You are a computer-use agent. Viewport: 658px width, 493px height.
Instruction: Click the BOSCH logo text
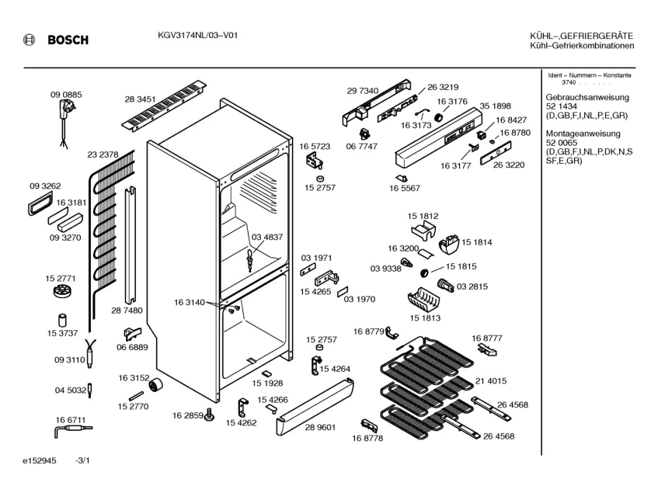coord(68,40)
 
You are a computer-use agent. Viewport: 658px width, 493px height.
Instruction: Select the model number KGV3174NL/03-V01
coord(197,35)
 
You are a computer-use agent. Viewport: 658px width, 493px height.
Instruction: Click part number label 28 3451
coord(140,99)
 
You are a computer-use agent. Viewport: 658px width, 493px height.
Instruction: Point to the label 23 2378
coord(103,154)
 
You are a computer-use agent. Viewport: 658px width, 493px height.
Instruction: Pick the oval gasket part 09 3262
coord(40,203)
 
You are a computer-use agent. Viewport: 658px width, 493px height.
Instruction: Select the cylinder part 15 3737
coord(62,321)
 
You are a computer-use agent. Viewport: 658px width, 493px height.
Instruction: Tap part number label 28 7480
coord(127,311)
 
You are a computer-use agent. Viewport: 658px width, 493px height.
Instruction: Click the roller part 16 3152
coord(155,385)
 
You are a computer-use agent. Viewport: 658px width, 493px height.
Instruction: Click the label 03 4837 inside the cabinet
coord(267,238)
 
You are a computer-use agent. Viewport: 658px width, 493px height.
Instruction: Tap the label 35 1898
coord(495,106)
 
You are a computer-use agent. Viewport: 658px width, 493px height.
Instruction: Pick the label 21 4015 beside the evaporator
coord(490,381)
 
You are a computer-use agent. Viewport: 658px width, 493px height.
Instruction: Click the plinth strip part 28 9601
coord(315,406)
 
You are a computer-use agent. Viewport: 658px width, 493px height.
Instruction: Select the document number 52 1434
coord(562,106)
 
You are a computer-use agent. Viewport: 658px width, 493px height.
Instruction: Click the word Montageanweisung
coord(583,134)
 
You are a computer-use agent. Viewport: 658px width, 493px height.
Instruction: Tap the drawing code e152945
coord(40,460)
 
